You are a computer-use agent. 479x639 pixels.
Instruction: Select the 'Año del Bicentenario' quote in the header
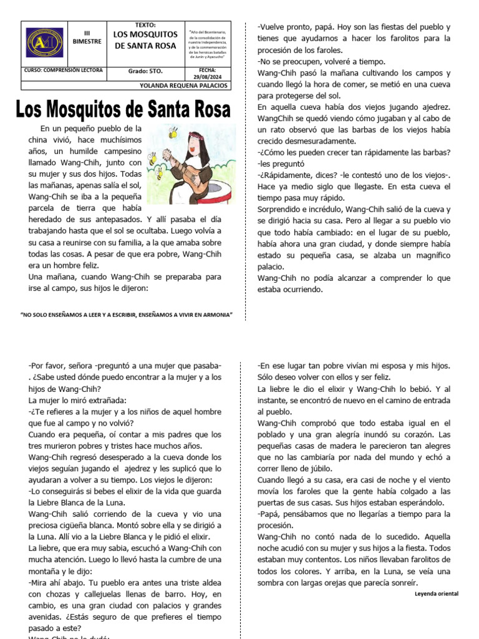208,44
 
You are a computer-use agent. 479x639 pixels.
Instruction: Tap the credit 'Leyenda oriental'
436,593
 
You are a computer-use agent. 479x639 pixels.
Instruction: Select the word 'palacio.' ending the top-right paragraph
273,266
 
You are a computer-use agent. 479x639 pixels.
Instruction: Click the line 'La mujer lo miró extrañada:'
78,400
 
